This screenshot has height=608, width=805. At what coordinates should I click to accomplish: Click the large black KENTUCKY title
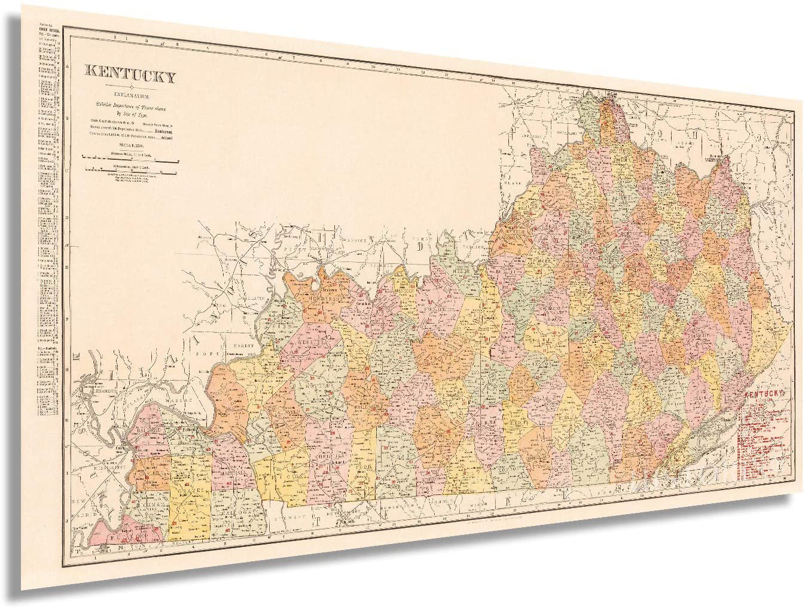pos(132,76)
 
